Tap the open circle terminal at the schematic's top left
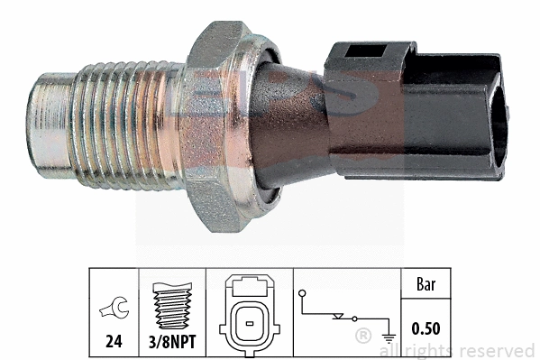coord(302,292)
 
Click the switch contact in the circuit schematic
coord(342,318)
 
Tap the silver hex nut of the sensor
coord(216,126)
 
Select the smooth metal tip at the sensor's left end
coord(50,122)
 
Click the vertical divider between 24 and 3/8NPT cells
coord(145,311)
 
